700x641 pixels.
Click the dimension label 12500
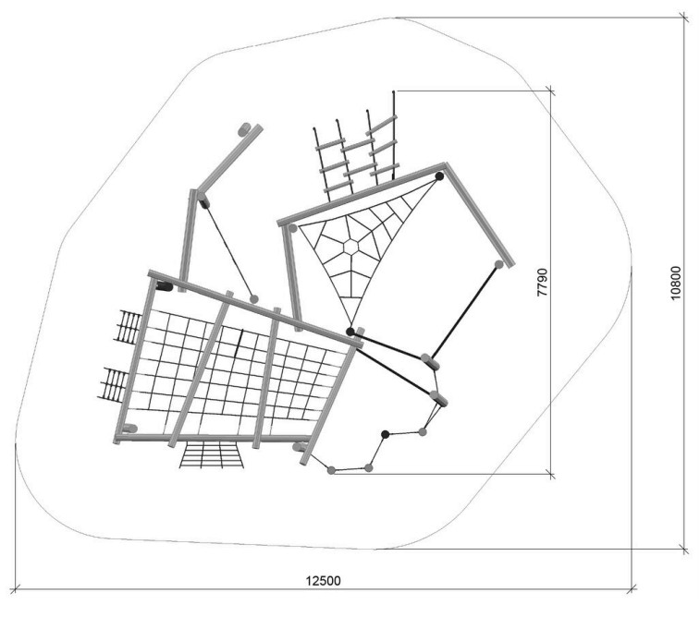(323, 581)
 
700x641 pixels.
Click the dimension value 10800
(676, 283)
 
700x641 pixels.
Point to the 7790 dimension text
(542, 282)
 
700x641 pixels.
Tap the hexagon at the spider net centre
(350, 247)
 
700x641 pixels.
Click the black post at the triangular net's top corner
(439, 176)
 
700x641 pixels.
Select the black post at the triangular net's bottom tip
(350, 332)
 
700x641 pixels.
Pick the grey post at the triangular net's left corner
(293, 228)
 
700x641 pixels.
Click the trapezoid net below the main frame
(212, 454)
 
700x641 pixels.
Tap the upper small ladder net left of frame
(129, 327)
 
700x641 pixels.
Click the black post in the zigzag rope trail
(386, 434)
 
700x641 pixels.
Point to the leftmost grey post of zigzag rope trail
(331, 470)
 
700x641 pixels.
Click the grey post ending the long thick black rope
(499, 264)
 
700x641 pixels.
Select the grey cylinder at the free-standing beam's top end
(245, 129)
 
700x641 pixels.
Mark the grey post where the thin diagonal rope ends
(254, 299)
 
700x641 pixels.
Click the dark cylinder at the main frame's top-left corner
(165, 285)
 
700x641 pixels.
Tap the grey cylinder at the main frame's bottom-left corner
(129, 429)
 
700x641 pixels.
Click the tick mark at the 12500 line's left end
(16, 589)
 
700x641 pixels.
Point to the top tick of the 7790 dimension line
(550, 91)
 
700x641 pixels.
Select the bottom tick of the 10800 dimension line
(683, 550)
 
